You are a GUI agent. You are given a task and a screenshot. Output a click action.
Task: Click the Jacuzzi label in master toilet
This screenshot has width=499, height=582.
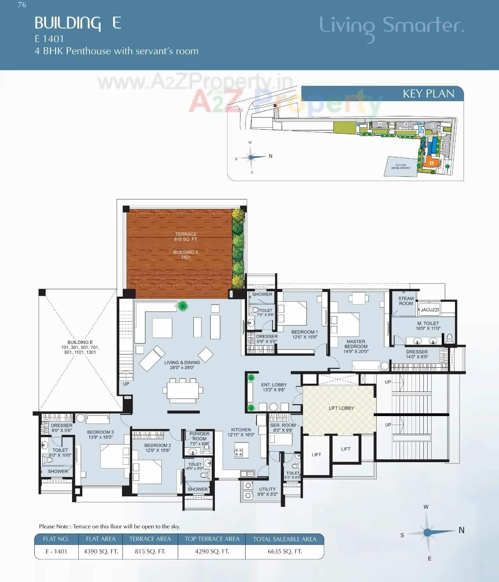pyautogui.click(x=430, y=310)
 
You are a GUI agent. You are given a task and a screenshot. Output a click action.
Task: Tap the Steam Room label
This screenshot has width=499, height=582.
pyautogui.click(x=406, y=301)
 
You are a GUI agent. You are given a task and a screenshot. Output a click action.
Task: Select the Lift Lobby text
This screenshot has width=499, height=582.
pyautogui.click(x=341, y=408)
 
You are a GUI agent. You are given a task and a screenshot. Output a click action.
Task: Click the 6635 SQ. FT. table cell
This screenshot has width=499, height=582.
pyautogui.click(x=285, y=551)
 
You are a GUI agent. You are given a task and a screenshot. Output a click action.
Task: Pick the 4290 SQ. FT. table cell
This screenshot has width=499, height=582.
pyautogui.click(x=212, y=551)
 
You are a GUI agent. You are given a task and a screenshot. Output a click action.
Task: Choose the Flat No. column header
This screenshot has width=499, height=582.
pyautogui.click(x=56, y=539)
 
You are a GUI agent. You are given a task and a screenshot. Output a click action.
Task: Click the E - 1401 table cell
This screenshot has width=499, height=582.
pyautogui.click(x=56, y=551)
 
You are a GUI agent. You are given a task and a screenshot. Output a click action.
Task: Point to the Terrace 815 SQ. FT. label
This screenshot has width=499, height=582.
pyautogui.click(x=186, y=237)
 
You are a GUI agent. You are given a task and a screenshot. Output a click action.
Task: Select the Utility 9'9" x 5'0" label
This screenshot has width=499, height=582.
pyautogui.click(x=267, y=491)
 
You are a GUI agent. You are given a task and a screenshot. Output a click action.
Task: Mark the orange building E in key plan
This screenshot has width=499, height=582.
pyautogui.click(x=431, y=162)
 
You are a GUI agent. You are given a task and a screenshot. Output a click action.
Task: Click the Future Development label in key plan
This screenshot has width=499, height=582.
pyautogui.click(x=401, y=167)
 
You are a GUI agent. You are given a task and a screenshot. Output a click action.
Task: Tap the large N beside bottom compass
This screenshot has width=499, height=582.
pyautogui.click(x=462, y=530)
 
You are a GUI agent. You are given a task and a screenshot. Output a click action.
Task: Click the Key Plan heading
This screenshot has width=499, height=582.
pyautogui.click(x=428, y=94)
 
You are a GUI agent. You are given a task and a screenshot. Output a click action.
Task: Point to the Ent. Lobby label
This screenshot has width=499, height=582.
pyautogui.click(x=274, y=387)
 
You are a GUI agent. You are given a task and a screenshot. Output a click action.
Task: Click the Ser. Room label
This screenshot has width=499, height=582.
pyautogui.click(x=283, y=427)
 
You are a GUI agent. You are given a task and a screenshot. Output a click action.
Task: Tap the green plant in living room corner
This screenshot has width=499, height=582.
pyautogui.click(x=182, y=306)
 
